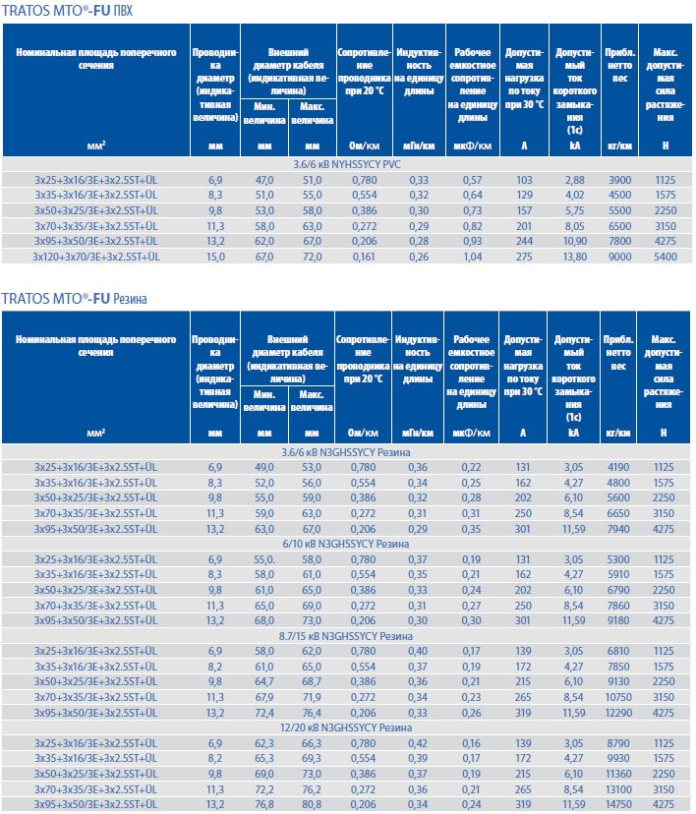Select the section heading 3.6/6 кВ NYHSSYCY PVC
[x=348, y=165]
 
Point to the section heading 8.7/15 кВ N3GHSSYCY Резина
[x=348, y=636]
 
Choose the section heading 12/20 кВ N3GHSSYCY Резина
[x=348, y=728]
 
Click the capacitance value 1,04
[x=472, y=257]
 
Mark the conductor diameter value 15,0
[x=215, y=257]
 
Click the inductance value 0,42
[x=418, y=744]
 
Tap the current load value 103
[x=524, y=180]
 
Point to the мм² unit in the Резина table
[x=96, y=433]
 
